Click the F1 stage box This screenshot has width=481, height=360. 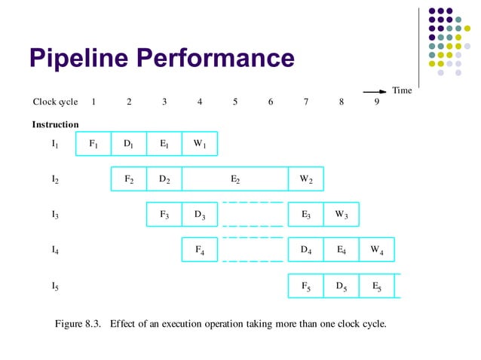coord(93,143)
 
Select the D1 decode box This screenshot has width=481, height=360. coord(129,143)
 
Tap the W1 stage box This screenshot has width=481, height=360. coord(200,143)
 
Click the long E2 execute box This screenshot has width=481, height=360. coord(235,178)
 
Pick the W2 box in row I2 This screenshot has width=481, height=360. coord(306,178)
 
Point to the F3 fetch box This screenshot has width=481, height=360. coord(164,215)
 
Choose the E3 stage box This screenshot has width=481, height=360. coord(306,215)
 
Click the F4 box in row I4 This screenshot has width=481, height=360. coord(200,250)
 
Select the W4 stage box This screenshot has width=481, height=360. coord(376,250)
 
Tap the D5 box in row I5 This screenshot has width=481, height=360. coord(341,286)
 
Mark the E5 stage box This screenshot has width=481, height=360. coord(376,286)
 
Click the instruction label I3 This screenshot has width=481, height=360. coord(55,215)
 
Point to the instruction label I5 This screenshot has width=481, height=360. coord(55,286)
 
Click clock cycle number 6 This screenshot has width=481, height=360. coord(271,102)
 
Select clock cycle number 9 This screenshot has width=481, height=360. coord(376,102)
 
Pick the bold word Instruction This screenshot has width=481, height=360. coord(55,124)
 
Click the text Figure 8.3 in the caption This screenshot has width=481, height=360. coord(78,325)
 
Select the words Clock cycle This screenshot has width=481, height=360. coord(55,102)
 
